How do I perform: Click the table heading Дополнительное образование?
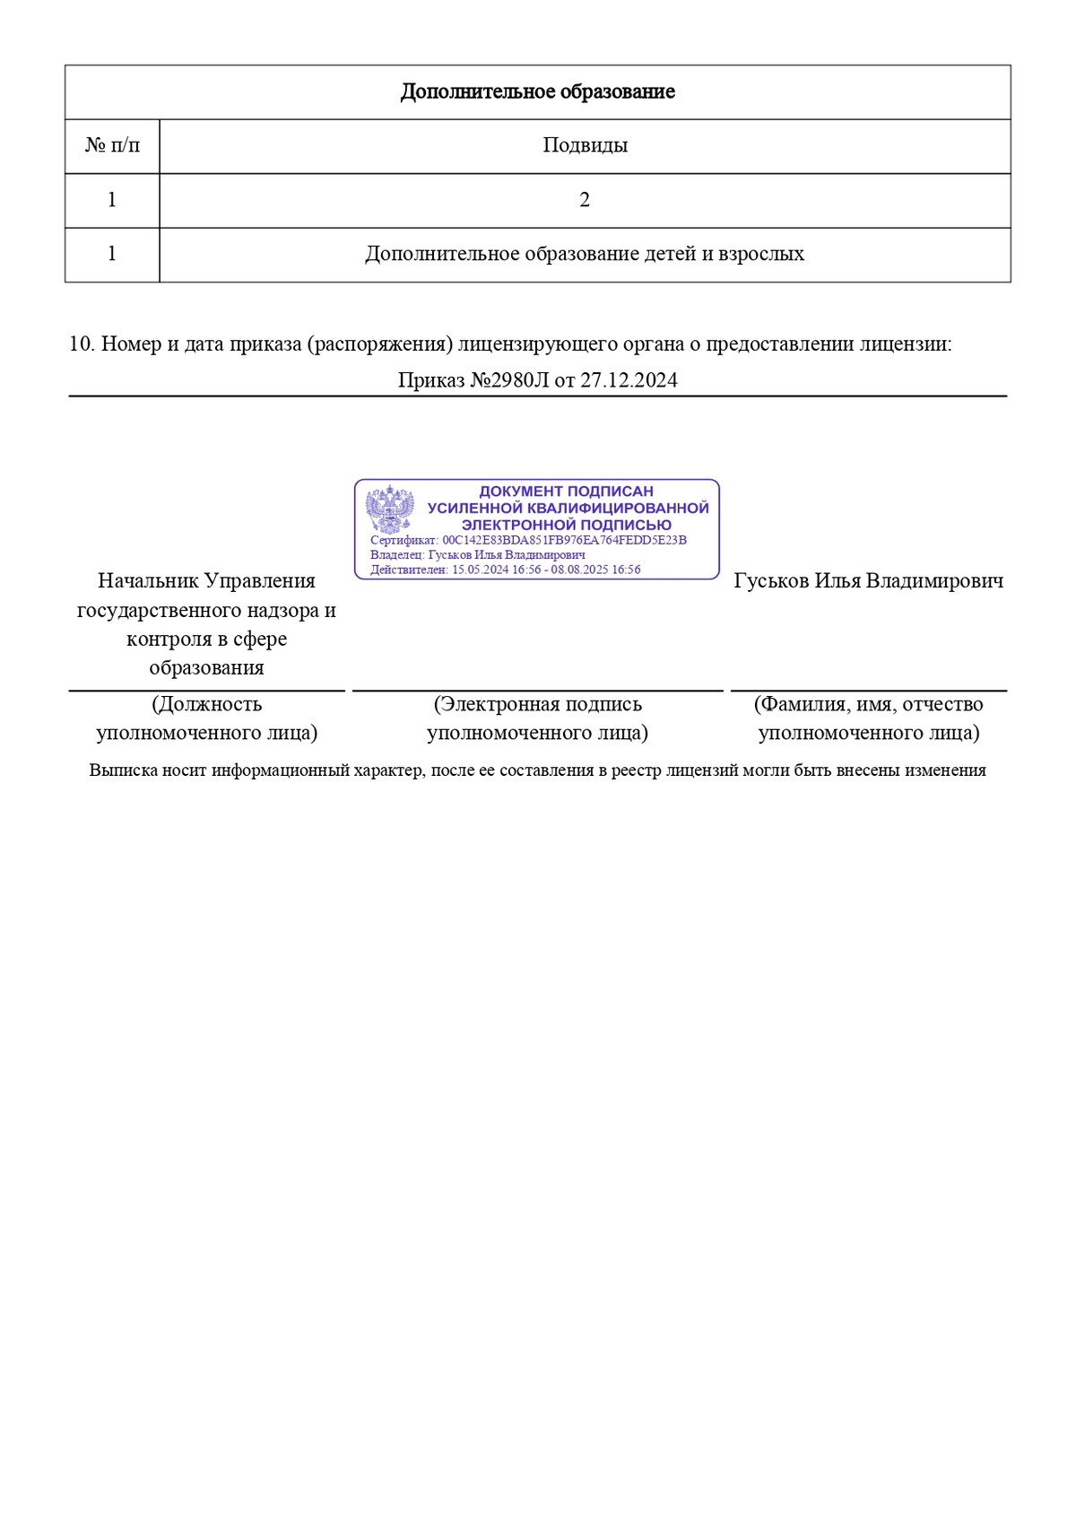[x=537, y=91]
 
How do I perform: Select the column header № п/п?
[x=112, y=145]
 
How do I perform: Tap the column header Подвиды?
[x=585, y=145]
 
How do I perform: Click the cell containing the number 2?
[x=585, y=200]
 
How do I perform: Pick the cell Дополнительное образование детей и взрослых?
[x=585, y=254]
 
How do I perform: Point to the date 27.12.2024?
[x=629, y=380]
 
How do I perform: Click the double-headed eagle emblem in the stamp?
[x=390, y=511]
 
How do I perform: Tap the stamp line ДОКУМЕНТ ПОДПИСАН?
[x=566, y=492]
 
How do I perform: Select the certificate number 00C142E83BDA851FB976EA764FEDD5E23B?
[x=564, y=540]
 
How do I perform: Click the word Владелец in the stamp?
[x=396, y=554]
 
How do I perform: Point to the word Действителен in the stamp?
[x=408, y=570]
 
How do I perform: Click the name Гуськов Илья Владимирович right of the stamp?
[x=868, y=581]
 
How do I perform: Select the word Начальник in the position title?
[x=148, y=581]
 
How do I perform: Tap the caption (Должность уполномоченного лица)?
[x=206, y=718]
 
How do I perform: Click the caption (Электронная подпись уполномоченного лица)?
[x=537, y=718]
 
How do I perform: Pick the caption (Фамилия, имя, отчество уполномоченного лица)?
[x=868, y=718]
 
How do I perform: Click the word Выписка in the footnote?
[x=123, y=770]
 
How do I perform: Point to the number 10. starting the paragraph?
[x=82, y=344]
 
